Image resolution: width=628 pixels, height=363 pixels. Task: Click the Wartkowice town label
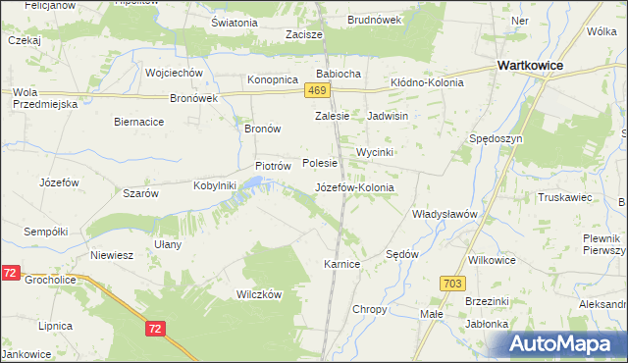(536, 65)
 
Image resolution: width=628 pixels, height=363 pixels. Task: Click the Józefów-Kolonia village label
(354, 187)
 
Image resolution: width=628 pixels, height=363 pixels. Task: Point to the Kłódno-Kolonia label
(427, 83)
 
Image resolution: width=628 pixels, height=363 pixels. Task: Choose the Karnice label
(342, 265)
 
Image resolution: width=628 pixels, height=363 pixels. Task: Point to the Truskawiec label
(564, 196)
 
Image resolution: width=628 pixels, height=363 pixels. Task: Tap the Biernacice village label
(138, 122)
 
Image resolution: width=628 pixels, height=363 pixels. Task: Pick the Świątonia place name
(235, 22)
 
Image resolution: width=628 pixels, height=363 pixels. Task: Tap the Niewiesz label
(111, 255)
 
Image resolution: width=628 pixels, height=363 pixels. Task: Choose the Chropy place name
(370, 309)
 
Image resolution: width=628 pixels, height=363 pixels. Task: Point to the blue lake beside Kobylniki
(253, 183)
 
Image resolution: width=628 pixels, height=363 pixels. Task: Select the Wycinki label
(375, 153)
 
